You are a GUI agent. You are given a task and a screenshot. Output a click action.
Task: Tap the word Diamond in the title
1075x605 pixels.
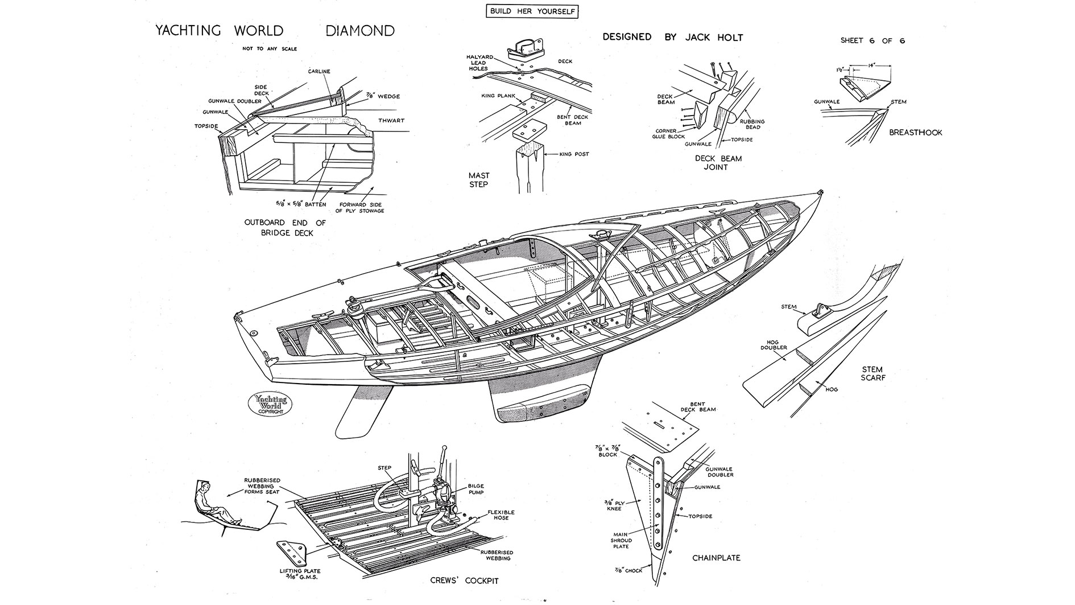tap(360, 31)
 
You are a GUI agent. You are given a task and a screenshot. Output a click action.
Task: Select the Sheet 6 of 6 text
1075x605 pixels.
tap(873, 40)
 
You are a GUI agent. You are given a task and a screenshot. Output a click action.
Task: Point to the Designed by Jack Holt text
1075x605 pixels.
tap(672, 37)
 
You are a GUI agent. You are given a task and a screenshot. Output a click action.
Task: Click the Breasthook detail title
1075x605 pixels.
tap(915, 133)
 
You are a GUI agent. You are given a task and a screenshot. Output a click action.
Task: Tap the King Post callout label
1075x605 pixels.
tap(573, 154)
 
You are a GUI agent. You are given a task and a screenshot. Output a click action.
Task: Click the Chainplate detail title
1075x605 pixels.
tap(716, 558)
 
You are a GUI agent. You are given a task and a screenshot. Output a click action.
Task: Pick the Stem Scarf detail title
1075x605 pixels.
tap(873, 373)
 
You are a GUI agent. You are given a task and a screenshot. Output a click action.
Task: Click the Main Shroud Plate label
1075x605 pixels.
tap(621, 541)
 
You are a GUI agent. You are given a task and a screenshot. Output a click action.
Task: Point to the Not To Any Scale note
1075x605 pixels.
tap(270, 49)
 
